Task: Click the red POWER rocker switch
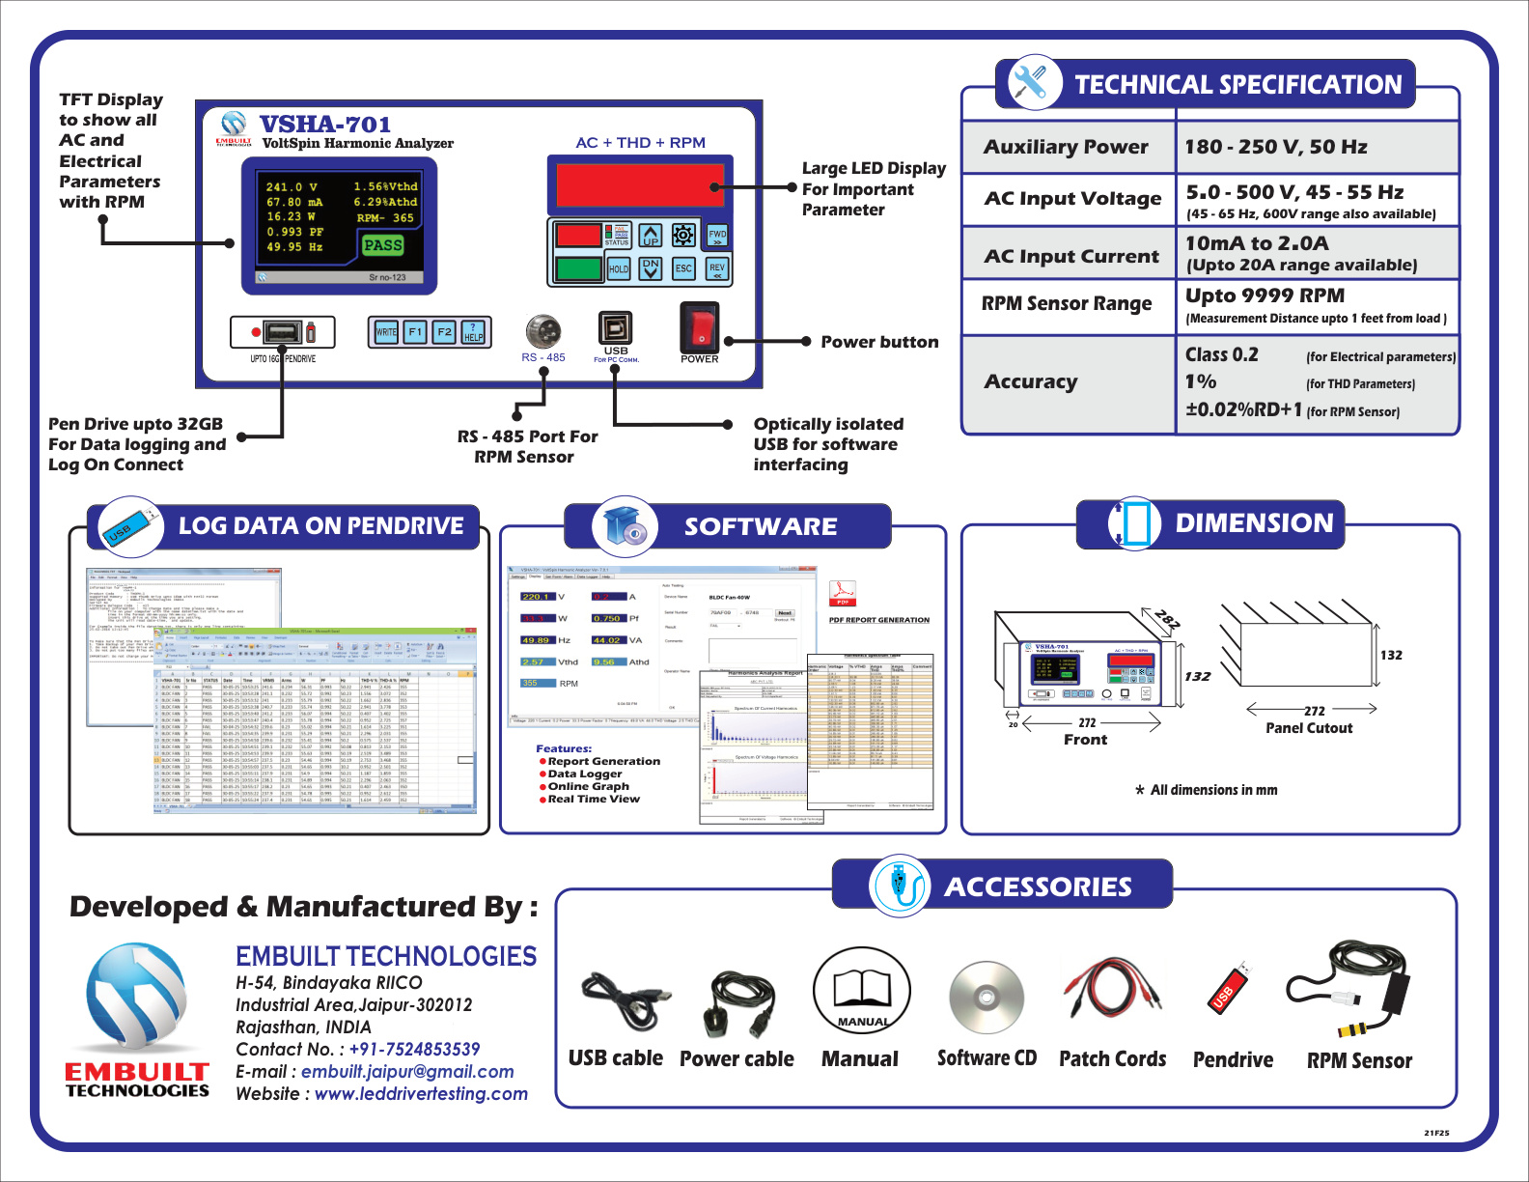click(700, 327)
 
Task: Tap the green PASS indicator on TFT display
click(382, 245)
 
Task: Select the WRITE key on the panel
click(386, 332)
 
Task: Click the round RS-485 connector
click(543, 330)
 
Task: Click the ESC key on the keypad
click(683, 268)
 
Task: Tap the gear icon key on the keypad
click(683, 235)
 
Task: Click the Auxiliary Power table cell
click(1066, 147)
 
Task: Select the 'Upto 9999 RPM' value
click(1265, 295)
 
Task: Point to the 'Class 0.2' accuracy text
click(1222, 354)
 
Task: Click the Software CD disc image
click(986, 999)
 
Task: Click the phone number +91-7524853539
click(414, 1050)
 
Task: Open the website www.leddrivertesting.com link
click(421, 1094)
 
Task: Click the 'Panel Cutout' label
click(1309, 728)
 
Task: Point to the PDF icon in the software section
click(843, 593)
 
